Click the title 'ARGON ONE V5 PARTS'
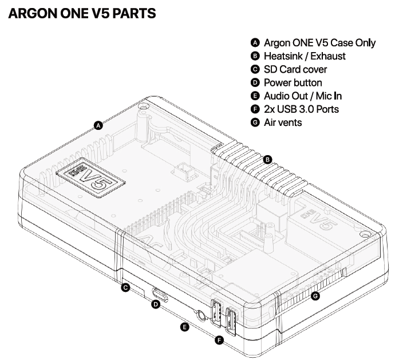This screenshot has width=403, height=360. click(82, 13)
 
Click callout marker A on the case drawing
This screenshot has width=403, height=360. click(98, 125)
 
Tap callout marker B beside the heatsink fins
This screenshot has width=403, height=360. click(267, 160)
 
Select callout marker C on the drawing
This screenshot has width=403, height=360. click(125, 288)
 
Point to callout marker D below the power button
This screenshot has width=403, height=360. click(155, 305)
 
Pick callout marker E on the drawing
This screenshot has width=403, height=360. click(184, 327)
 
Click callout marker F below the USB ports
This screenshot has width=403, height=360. click(219, 341)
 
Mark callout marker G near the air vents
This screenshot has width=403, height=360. click(314, 296)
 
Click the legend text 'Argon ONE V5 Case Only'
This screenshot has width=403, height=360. click(319, 43)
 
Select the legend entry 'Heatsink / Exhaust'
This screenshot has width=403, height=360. click(305, 56)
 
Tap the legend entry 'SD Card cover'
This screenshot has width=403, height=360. click(295, 69)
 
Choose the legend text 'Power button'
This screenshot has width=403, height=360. click(293, 82)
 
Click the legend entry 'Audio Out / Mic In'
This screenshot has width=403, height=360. click(302, 96)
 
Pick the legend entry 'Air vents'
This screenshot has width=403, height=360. click(283, 122)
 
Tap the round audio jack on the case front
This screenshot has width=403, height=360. click(201, 314)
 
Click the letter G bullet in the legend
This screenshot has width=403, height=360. click(255, 122)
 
